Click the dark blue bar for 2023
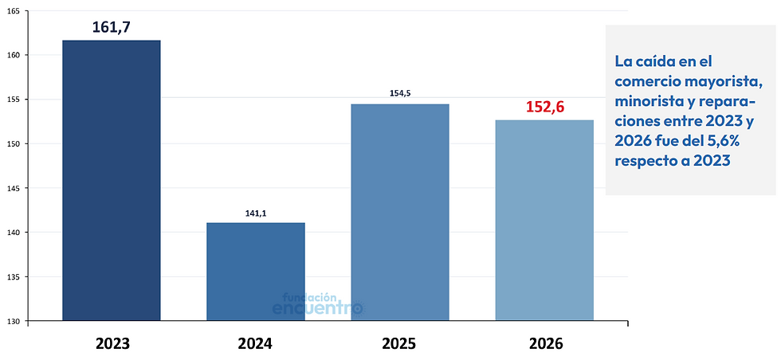112,180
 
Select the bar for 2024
256,272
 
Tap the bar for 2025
400,212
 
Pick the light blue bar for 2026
544,220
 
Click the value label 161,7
112,27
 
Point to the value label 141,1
256,213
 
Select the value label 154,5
400,94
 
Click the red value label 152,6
545,107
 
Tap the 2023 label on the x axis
112,343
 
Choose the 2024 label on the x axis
256,343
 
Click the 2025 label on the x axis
400,343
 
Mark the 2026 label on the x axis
544,343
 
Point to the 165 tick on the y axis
14,10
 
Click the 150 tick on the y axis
14,143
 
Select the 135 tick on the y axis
14,276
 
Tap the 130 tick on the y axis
14,321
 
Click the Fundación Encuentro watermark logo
319,304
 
